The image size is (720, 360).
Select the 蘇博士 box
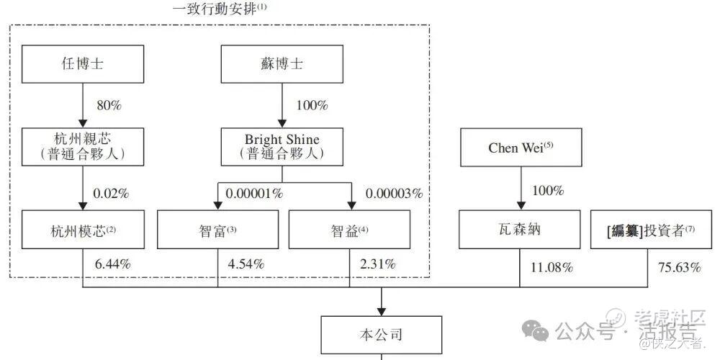click(x=282, y=64)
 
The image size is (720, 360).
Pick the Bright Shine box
click(x=282, y=147)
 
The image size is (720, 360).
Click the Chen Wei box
click(x=520, y=147)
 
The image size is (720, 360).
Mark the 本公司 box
click(x=380, y=335)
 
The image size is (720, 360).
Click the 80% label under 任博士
click(x=109, y=105)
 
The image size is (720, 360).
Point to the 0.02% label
click(x=112, y=194)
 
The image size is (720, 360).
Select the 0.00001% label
click(x=254, y=194)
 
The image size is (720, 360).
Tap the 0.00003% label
click(x=393, y=194)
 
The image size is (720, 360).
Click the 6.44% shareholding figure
click(x=112, y=264)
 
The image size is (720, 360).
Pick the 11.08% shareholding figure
click(x=551, y=268)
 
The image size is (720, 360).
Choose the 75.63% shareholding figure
click(x=679, y=268)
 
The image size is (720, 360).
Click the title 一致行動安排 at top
click(x=220, y=9)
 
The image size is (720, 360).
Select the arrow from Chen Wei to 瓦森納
click(x=520, y=189)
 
